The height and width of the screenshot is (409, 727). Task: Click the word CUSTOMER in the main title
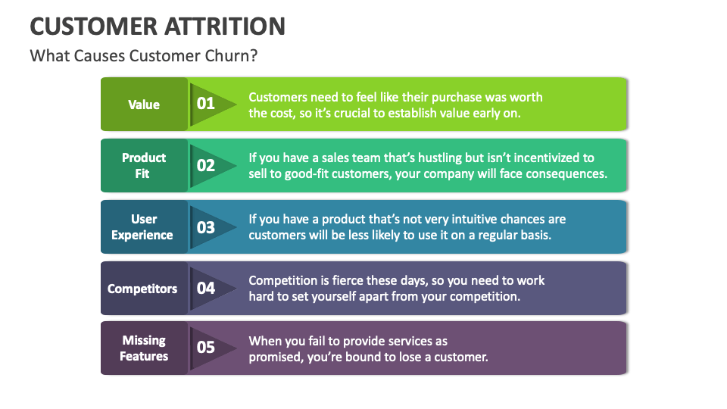tap(92, 26)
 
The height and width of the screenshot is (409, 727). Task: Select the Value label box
tap(144, 105)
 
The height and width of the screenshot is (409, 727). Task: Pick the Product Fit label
tap(144, 165)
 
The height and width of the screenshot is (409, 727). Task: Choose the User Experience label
tap(143, 226)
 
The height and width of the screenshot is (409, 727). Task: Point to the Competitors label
tap(142, 289)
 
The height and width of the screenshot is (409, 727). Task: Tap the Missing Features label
tap(144, 348)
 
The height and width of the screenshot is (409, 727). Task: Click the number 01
tap(206, 104)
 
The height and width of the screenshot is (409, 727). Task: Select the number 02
tap(206, 165)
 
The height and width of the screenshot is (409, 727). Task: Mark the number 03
tap(206, 227)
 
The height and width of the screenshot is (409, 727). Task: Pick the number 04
tap(206, 288)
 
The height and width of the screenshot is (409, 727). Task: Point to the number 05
tap(206, 348)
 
